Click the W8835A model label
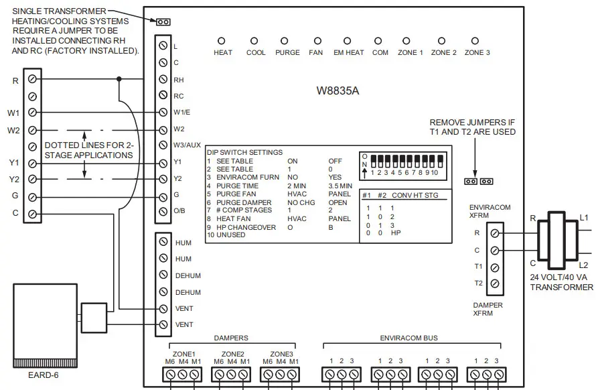tap(338, 90)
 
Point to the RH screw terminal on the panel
tap(163, 79)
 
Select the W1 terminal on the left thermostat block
tap(31, 113)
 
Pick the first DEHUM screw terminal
tap(163, 275)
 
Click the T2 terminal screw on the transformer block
tap(494, 283)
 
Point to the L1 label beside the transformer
tap(584, 218)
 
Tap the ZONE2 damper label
tap(232, 354)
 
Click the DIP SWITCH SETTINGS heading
tap(244, 153)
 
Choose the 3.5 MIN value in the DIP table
tap(341, 185)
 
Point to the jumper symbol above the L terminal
tap(163, 22)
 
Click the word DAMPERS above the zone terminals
tap(230, 338)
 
